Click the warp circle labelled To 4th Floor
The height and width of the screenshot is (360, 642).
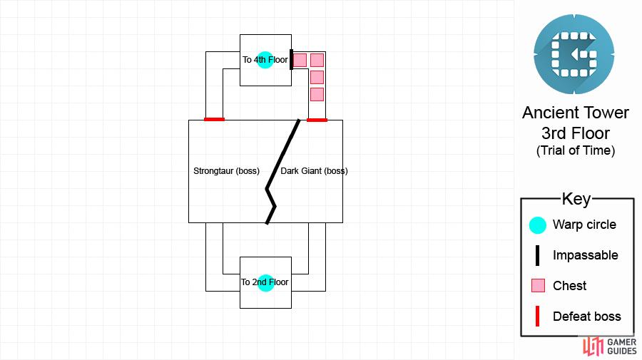pos(265,60)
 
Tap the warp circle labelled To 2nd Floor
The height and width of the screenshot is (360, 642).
pos(266,283)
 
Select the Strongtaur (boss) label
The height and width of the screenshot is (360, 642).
pos(226,171)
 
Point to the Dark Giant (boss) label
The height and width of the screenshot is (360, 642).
pos(314,171)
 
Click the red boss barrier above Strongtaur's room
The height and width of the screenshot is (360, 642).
pos(214,120)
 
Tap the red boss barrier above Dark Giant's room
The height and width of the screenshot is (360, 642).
pos(317,120)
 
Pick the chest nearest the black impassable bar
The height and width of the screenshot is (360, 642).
pos(300,60)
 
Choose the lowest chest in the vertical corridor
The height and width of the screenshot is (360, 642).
pos(317,95)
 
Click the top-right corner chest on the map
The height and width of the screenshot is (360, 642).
pos(317,60)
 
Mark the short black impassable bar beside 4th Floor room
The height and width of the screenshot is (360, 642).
pos(291,59)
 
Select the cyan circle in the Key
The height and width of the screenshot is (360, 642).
pos(538,225)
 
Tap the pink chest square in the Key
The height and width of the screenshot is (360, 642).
pos(538,286)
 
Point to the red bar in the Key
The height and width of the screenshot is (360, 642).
pos(538,317)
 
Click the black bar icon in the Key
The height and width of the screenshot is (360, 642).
pos(538,255)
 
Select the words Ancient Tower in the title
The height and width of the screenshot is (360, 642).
pos(575,113)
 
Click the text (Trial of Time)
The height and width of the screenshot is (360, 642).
pos(576,150)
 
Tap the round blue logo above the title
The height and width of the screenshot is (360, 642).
pos(574,54)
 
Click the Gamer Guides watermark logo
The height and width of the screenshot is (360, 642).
pos(610,346)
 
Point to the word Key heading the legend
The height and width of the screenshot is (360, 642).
pos(576,199)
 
